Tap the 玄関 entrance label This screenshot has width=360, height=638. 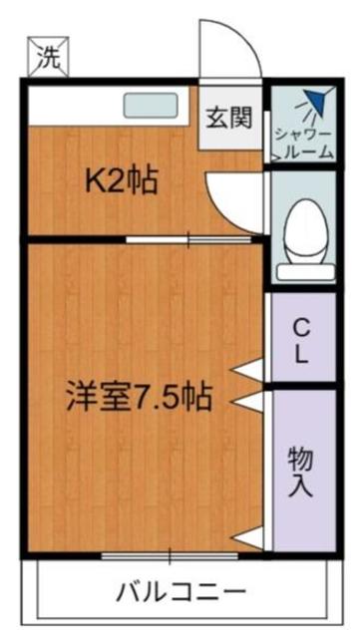coord(228,118)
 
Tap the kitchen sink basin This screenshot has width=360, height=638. coord(150,105)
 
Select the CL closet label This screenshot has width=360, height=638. coord(300,340)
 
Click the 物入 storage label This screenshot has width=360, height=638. coord(300,473)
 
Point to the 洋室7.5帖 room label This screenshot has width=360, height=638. coord(139,396)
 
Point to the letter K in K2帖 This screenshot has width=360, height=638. coord(95,181)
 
